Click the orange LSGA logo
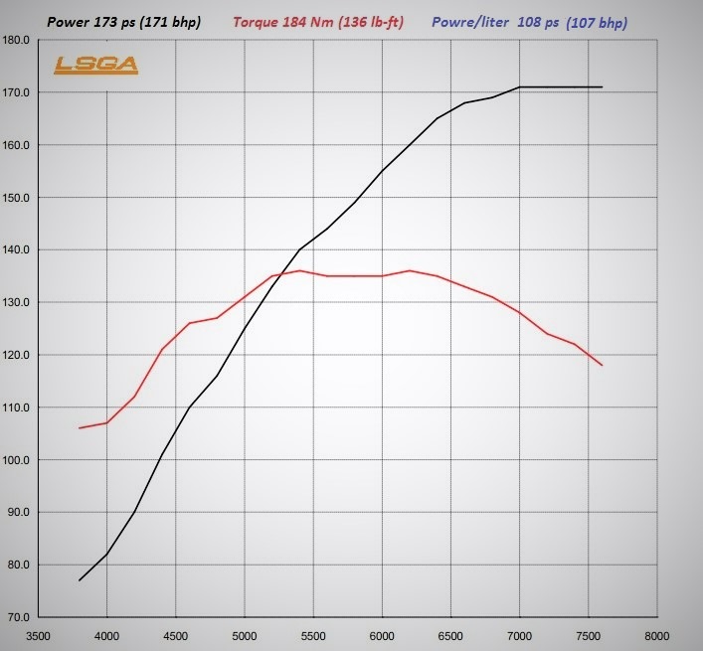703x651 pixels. click(x=95, y=66)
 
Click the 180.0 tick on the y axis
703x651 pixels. click(x=19, y=41)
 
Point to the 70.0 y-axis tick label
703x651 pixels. click(x=19, y=617)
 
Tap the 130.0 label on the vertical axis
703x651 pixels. click(x=19, y=302)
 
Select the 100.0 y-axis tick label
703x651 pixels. click(x=19, y=460)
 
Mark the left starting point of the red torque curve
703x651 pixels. click(x=80, y=427)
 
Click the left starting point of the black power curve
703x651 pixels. click(x=80, y=580)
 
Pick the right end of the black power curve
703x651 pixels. click(x=602, y=87)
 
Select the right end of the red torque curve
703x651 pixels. click(x=602, y=366)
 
